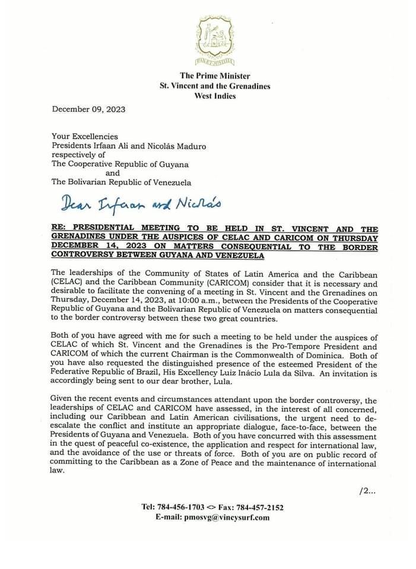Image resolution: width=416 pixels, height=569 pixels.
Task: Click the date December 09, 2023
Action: click(88, 109)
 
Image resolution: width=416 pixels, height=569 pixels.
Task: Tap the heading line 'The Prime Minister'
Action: click(215, 76)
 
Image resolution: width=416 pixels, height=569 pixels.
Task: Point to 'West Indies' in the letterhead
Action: click(215, 95)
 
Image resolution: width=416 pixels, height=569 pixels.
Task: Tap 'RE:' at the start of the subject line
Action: click(61, 229)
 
